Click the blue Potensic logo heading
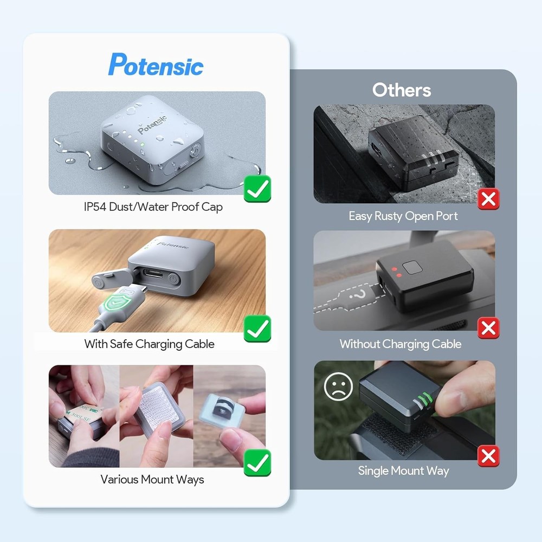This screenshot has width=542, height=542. point(156,65)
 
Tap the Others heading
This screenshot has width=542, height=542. point(402,90)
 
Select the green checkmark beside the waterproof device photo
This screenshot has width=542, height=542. point(257,189)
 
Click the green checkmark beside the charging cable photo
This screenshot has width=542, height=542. point(257,328)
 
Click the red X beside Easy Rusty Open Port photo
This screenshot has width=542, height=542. point(489,199)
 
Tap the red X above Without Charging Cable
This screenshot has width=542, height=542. point(489,327)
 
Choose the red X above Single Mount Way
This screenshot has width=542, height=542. point(489,456)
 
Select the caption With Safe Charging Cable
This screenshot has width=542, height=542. point(149,344)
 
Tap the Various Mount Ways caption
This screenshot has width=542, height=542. point(152,480)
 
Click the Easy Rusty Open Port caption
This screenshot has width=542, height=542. point(403,216)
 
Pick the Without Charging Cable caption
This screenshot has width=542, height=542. point(401,344)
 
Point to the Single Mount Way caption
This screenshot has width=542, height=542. point(403,470)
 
